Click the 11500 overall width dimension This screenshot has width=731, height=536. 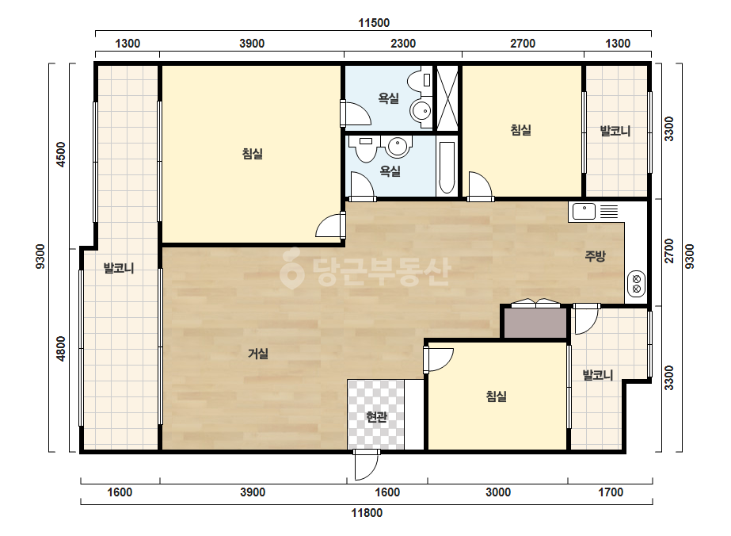(374, 23)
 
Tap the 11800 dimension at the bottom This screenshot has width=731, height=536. (367, 513)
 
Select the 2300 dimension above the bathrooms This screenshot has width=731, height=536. (403, 44)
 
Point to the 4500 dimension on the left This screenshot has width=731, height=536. (61, 155)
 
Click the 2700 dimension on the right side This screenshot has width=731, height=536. (669, 251)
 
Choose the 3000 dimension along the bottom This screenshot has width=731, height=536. (498, 492)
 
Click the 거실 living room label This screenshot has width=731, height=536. (258, 354)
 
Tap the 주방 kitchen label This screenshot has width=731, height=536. (596, 256)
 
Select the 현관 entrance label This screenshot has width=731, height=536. (376, 416)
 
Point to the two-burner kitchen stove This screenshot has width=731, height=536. (637, 284)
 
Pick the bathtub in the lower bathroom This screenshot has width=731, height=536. (447, 167)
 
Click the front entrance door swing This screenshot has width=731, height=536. (366, 465)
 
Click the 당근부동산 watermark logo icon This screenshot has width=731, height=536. (292, 269)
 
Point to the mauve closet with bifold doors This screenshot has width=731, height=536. (535, 322)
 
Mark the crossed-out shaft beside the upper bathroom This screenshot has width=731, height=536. (447, 98)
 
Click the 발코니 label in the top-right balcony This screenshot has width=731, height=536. (615, 131)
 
